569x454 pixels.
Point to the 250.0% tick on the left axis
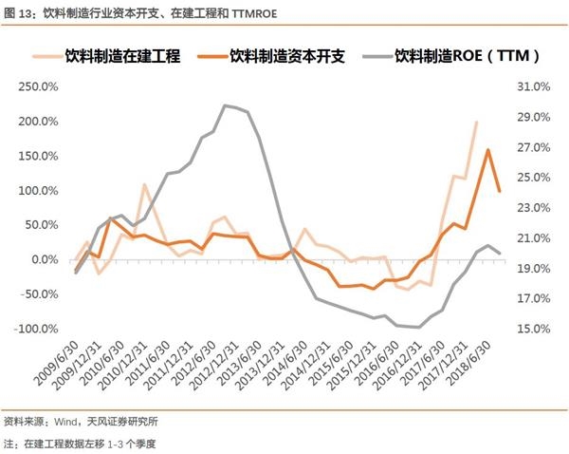[40, 86]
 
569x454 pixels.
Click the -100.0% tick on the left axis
[39, 329]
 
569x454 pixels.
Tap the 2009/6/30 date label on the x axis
[57, 367]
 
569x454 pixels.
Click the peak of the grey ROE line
[225, 105]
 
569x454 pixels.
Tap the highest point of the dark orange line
[487, 150]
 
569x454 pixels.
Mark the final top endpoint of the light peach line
[476, 123]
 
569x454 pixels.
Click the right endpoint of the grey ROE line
[500, 253]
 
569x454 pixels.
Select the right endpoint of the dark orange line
[500, 191]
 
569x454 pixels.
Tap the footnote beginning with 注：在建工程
[80, 443]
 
